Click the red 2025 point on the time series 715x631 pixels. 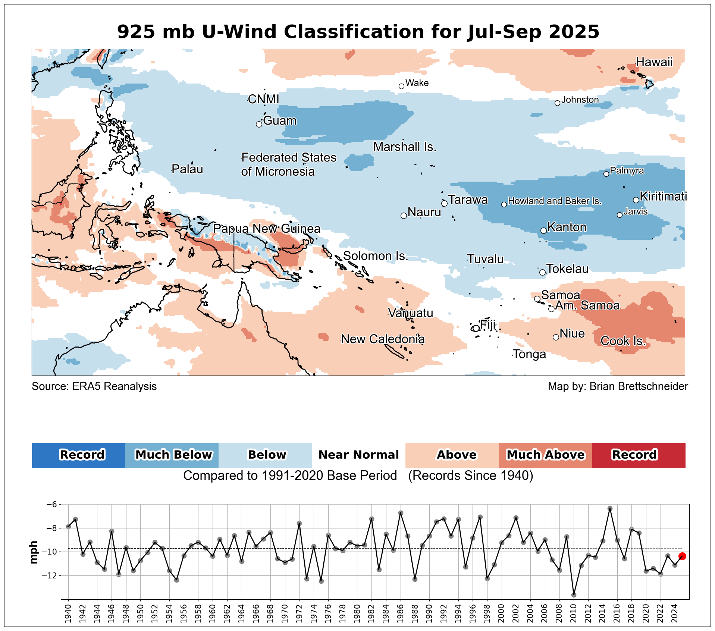coord(682,556)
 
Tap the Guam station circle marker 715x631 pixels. coord(259,124)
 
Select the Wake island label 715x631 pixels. coord(417,83)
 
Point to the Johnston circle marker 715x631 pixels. coord(557,103)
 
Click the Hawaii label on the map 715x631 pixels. coord(654,62)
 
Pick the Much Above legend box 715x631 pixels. coord(545,455)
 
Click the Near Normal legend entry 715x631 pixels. coord(358,455)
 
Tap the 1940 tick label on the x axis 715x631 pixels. coord(68,613)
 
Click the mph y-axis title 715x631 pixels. coord(34,552)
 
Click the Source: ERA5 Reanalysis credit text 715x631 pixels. coord(94,386)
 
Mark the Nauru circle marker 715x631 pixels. coord(404,216)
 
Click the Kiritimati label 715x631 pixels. coord(663,196)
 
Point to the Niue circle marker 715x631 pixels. coord(556,337)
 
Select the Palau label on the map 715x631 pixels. coord(187,169)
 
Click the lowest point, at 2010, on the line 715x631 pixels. coord(574,595)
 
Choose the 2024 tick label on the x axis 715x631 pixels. coord(675,613)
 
